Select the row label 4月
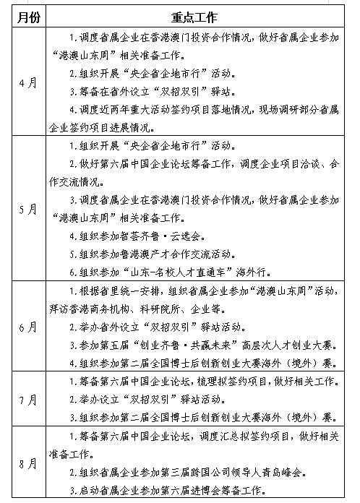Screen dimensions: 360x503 pos(30,82)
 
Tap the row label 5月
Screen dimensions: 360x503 pos(30,209)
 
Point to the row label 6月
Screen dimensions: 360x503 pos(30,327)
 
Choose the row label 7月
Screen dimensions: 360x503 pos(30,399)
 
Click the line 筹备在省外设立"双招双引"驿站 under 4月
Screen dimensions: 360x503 pos(149,92)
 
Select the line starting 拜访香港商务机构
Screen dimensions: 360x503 pos(137,309)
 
